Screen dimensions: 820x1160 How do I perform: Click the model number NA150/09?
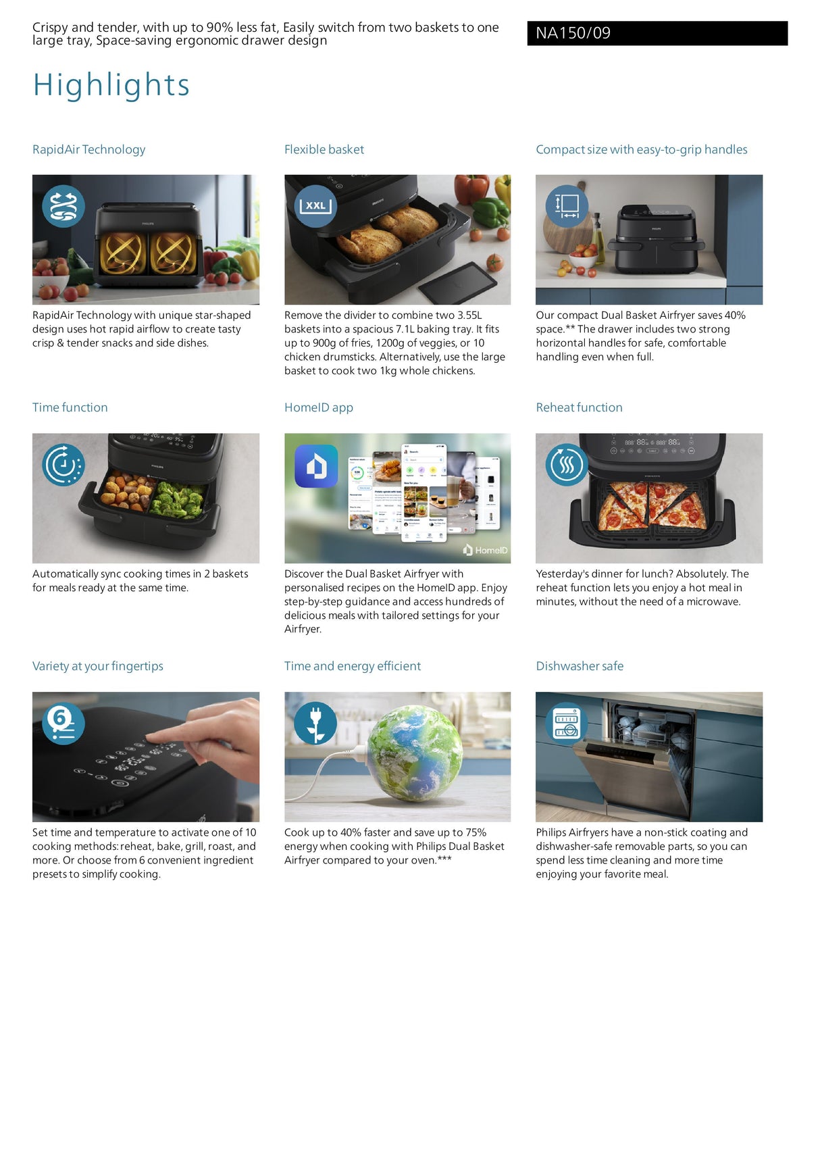pyautogui.click(x=573, y=33)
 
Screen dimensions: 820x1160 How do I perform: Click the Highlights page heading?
pyautogui.click(x=111, y=85)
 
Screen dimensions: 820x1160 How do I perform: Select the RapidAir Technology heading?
pyautogui.click(x=88, y=149)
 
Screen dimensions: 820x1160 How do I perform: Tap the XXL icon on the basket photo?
pyautogui.click(x=316, y=205)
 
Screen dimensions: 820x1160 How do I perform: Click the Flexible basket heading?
pyautogui.click(x=324, y=149)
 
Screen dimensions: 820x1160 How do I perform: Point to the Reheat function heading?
pyautogui.click(x=579, y=407)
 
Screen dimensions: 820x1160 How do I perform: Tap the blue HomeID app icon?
pyautogui.click(x=316, y=466)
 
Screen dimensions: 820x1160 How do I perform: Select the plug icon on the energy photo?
pyautogui.click(x=315, y=723)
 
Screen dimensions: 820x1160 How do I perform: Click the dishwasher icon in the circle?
pyautogui.click(x=567, y=723)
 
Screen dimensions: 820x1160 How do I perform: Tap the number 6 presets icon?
pyautogui.click(x=63, y=723)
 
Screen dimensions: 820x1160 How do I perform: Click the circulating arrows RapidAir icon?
pyautogui.click(x=63, y=206)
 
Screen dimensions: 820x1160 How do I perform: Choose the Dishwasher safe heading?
pyautogui.click(x=580, y=666)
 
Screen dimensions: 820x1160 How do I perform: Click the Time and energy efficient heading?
pyautogui.click(x=353, y=666)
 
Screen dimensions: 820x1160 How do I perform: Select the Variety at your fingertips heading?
pyautogui.click(x=98, y=666)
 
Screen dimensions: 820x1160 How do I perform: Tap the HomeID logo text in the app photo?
pyautogui.click(x=486, y=550)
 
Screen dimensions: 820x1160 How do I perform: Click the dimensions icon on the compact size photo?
pyautogui.click(x=567, y=206)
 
